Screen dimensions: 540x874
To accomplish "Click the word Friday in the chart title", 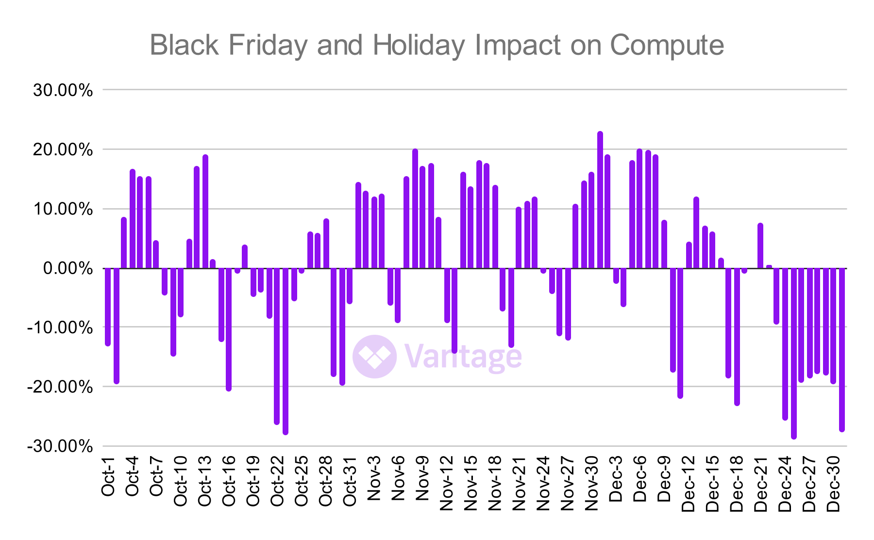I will point(268,46).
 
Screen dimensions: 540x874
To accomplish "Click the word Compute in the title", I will point(667,46).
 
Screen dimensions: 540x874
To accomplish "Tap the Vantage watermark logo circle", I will point(374,357).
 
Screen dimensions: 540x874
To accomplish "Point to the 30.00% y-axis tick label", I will point(63,90).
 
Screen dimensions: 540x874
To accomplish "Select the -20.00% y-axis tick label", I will point(60,387).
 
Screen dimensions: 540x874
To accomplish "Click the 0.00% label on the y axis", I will point(67,268).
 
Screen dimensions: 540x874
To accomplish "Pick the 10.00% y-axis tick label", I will point(63,209).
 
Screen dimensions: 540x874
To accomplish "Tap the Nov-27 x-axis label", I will point(567,483).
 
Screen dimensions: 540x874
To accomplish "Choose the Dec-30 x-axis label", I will point(833,483).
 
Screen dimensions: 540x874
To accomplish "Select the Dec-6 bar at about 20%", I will point(639,209).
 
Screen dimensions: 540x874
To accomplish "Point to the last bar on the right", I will point(842,349).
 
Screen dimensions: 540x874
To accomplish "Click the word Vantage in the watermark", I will point(463,357).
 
